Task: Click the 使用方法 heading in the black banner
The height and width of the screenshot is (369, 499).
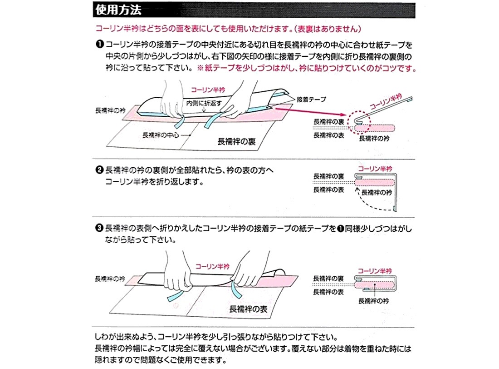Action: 118,10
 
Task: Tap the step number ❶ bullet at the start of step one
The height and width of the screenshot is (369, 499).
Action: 99,45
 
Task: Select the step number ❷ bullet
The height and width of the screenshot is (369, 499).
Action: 99,170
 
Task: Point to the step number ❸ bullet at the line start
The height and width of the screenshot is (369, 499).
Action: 99,228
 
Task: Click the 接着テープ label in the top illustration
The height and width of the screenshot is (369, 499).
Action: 311,99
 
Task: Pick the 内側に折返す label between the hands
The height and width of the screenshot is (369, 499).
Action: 204,103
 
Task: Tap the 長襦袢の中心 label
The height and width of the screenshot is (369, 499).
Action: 161,135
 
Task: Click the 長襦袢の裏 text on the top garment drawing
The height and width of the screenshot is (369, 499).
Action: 236,141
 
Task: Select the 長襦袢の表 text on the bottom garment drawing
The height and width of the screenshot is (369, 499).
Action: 248,309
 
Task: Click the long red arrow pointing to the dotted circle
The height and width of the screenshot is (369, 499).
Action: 311,112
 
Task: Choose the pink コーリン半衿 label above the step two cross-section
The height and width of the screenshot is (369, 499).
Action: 375,169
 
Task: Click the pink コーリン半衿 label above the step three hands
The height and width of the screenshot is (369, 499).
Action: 212,266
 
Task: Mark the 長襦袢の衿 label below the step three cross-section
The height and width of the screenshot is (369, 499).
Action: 374,301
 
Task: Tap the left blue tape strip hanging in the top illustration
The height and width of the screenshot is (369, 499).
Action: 180,121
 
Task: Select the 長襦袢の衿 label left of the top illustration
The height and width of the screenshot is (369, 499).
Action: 110,110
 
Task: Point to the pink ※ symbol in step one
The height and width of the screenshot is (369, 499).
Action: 200,68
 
